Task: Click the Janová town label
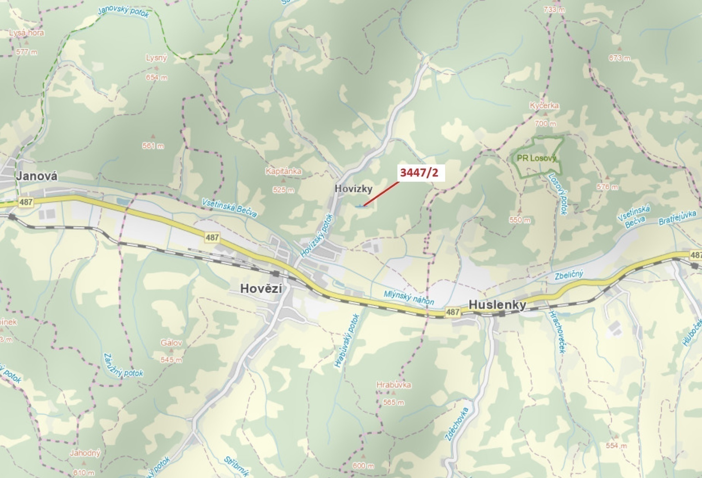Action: point(37,176)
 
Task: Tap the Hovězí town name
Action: point(261,289)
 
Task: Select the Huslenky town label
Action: point(497,305)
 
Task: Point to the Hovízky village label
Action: point(353,189)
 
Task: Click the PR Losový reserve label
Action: point(537,158)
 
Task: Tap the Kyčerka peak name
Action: point(544,106)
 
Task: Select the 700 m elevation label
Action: point(546,123)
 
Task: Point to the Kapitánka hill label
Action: point(283,171)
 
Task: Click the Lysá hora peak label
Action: point(27,33)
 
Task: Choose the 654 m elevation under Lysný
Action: point(156,78)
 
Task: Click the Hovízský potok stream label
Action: point(316,236)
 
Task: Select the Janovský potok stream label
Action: point(123,12)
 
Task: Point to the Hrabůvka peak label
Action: point(394,385)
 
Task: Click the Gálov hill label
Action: point(171,343)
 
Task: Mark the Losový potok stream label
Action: point(557,194)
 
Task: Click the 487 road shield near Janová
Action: point(26,202)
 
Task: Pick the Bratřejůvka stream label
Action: point(677,218)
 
